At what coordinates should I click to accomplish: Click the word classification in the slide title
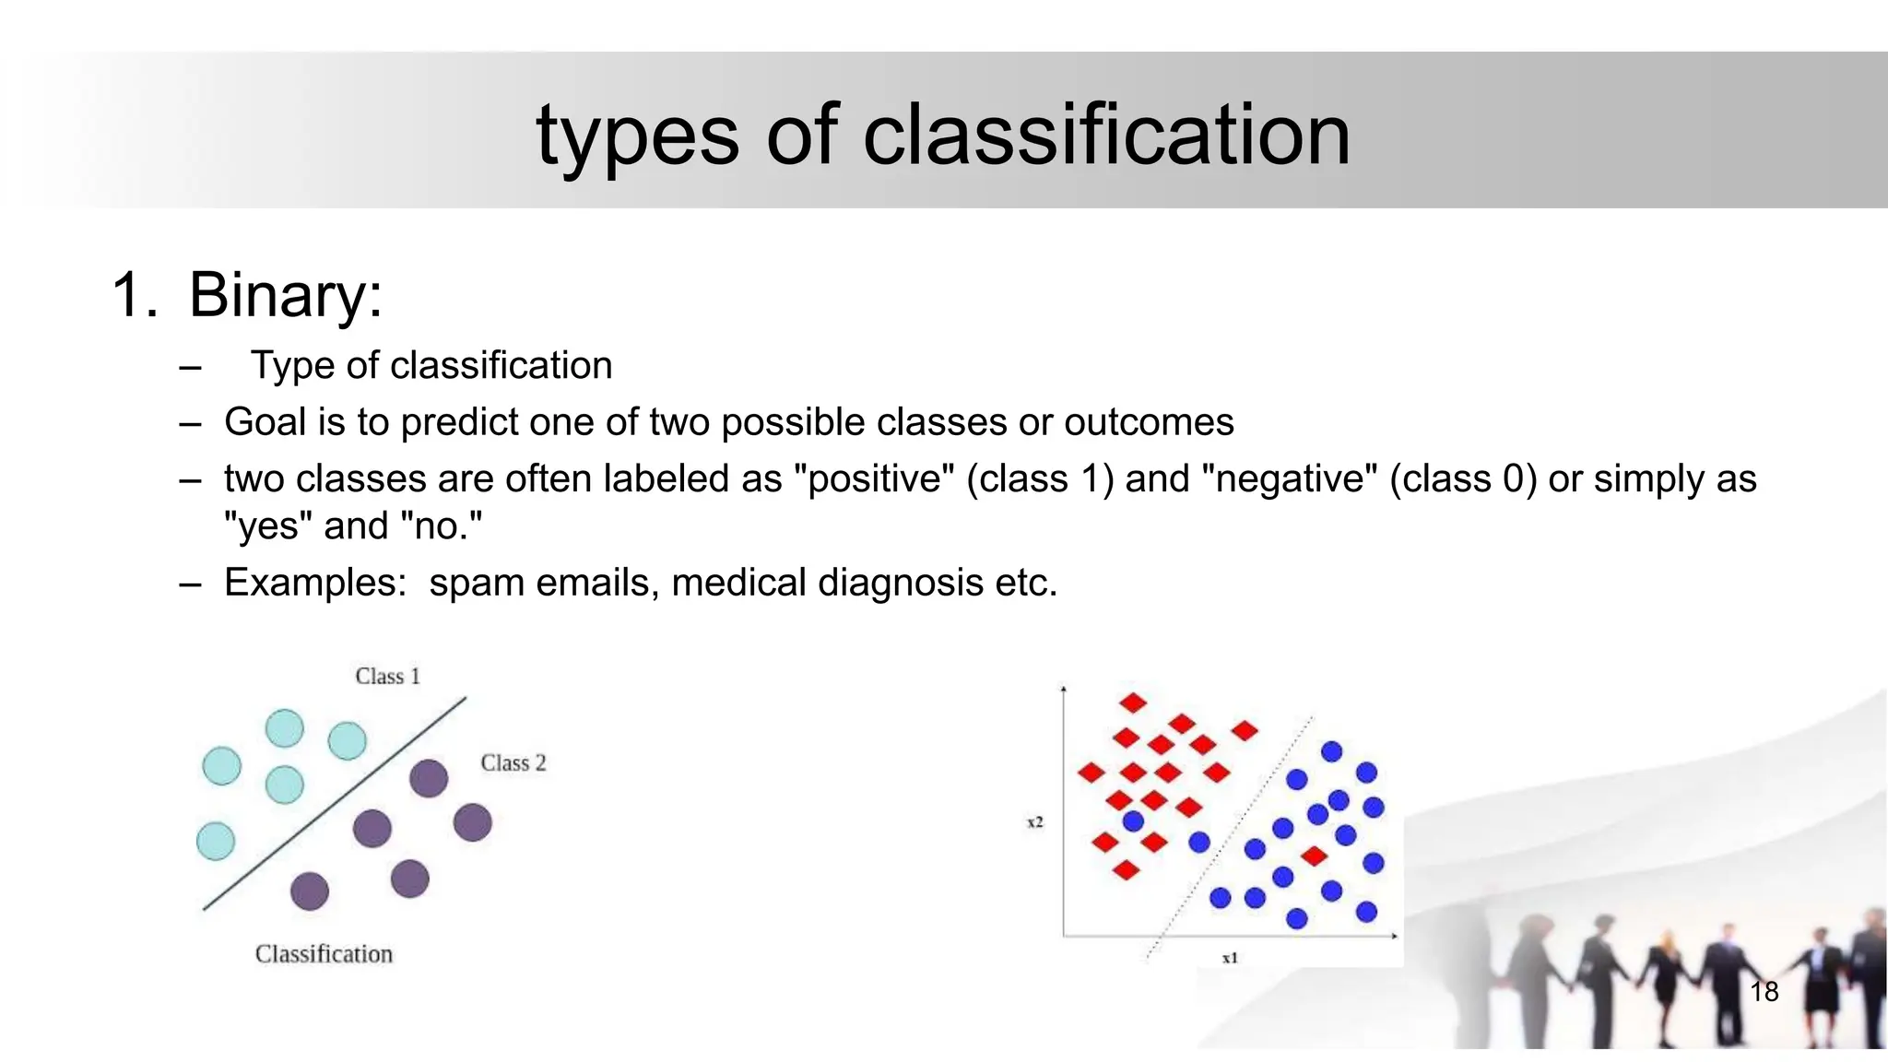[1105, 136]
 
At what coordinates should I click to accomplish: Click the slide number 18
[1764, 992]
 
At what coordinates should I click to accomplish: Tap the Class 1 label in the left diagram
[387, 677]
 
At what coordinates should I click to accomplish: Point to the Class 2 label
[513, 763]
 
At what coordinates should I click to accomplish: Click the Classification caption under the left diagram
[324, 954]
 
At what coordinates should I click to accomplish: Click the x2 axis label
[1035, 821]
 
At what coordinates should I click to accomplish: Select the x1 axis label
[1230, 959]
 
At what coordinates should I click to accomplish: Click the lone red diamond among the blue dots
[1314, 856]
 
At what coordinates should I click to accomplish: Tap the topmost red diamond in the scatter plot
[1132, 703]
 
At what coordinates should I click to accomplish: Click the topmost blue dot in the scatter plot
[1331, 751]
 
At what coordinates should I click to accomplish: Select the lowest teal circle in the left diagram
[216, 841]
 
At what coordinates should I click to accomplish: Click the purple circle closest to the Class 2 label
[429, 778]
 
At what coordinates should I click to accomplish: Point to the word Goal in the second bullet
[265, 422]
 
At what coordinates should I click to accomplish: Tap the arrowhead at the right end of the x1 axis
[1394, 937]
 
